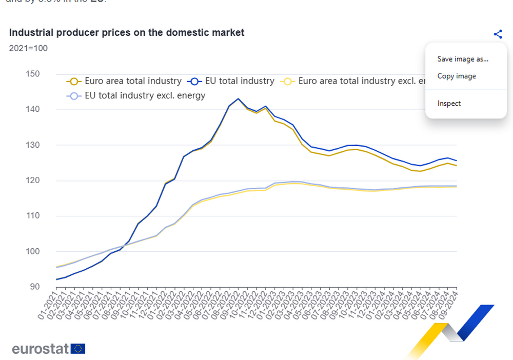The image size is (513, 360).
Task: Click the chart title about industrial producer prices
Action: click(127, 32)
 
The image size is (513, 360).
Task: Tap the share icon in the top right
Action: click(498, 34)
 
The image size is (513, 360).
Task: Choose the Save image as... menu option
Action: click(463, 59)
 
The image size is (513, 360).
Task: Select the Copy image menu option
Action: click(457, 76)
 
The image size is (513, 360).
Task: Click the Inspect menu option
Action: click(449, 103)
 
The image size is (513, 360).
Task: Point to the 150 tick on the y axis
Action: click(32, 74)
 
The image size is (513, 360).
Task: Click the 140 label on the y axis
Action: click(32, 109)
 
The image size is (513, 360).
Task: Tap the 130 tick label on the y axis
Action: click(32, 145)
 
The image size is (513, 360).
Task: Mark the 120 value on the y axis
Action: click(32, 181)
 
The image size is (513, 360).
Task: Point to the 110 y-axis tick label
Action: click(32, 216)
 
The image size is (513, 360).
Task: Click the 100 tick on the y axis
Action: click(32, 251)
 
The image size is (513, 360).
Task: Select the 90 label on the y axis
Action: click(34, 287)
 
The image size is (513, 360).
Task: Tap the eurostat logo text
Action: click(41, 349)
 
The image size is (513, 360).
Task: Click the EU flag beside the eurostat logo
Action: click(78, 349)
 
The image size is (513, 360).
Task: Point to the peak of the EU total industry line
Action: click(238, 98)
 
